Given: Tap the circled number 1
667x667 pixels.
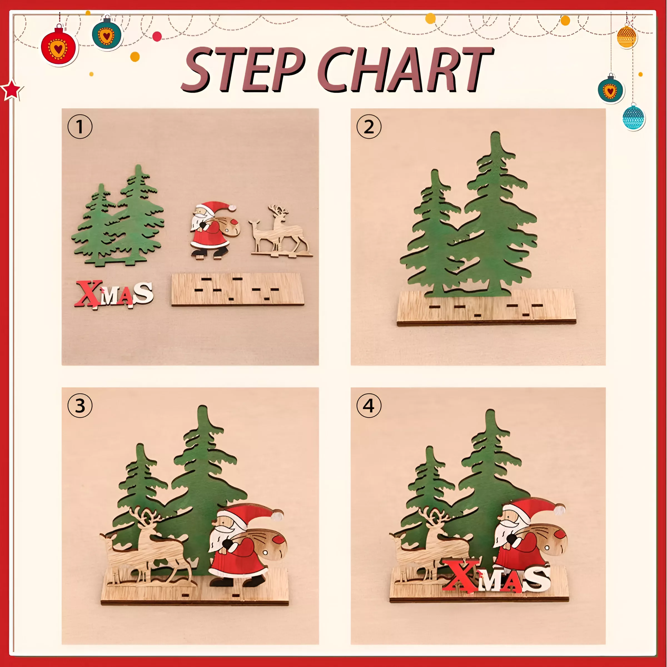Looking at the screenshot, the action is [x=80, y=127].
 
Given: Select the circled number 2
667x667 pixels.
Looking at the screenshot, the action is [x=369, y=127].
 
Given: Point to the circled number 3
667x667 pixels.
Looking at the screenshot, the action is [x=80, y=406].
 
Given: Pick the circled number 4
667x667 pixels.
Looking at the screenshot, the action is [x=369, y=406].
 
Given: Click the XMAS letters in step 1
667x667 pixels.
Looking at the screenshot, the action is [x=114, y=294].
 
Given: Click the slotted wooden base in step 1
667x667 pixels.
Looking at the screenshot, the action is [x=238, y=289].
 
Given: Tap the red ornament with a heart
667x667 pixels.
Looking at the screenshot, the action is [x=58, y=47].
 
